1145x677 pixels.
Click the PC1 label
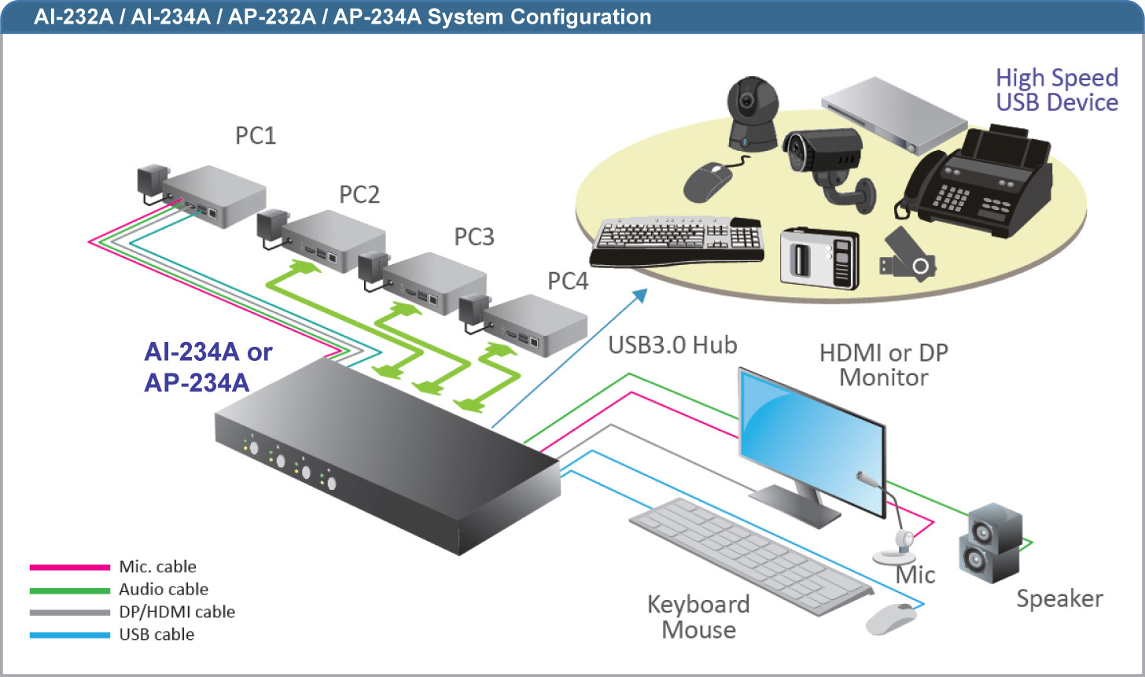tap(256, 135)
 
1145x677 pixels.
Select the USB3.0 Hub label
tap(672, 344)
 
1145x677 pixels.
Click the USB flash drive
tap(908, 256)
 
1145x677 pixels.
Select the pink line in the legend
tap(69, 567)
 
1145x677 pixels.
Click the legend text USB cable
tap(156, 635)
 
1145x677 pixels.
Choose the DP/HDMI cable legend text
tap(177, 612)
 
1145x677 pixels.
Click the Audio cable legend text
tap(164, 589)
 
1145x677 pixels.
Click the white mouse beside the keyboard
tap(891, 618)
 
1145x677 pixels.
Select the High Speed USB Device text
tap(1056, 90)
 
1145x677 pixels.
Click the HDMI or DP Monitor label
tap(884, 365)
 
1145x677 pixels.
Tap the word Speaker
tap(1059, 598)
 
